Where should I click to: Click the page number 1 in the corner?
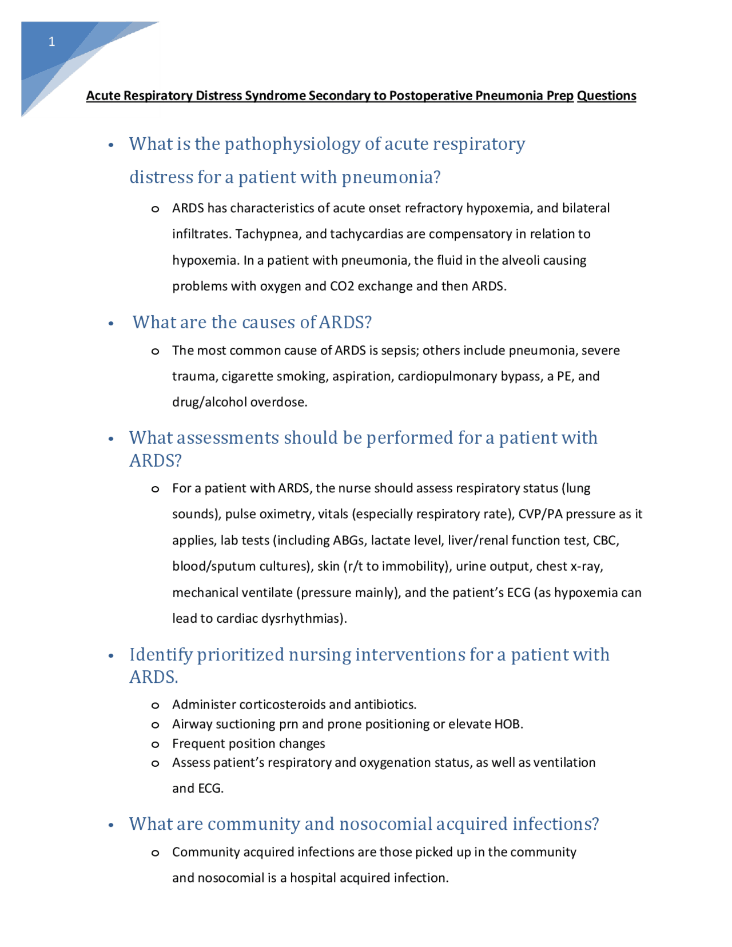[51, 42]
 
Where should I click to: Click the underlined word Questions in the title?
[606, 96]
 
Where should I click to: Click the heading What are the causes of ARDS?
[252, 322]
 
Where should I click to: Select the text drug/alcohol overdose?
[240, 402]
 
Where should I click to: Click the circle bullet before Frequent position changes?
[155, 744]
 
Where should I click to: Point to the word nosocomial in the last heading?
[385, 823]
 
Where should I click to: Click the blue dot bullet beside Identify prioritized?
[112, 656]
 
